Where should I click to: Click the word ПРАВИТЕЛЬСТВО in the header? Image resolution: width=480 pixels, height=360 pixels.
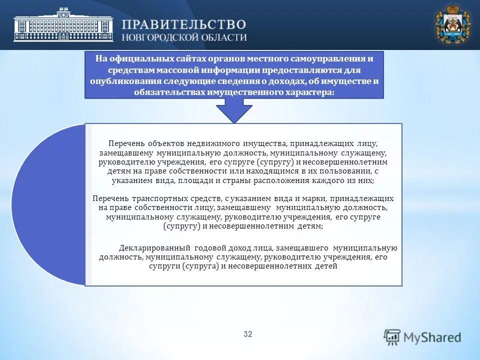(x=184, y=24)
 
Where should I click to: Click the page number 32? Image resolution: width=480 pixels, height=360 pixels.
(x=248, y=334)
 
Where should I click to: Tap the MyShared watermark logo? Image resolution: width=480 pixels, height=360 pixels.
(x=423, y=337)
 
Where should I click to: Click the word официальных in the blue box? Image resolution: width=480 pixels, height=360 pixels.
(x=136, y=58)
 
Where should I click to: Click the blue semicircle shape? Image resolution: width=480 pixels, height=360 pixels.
(x=47, y=205)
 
